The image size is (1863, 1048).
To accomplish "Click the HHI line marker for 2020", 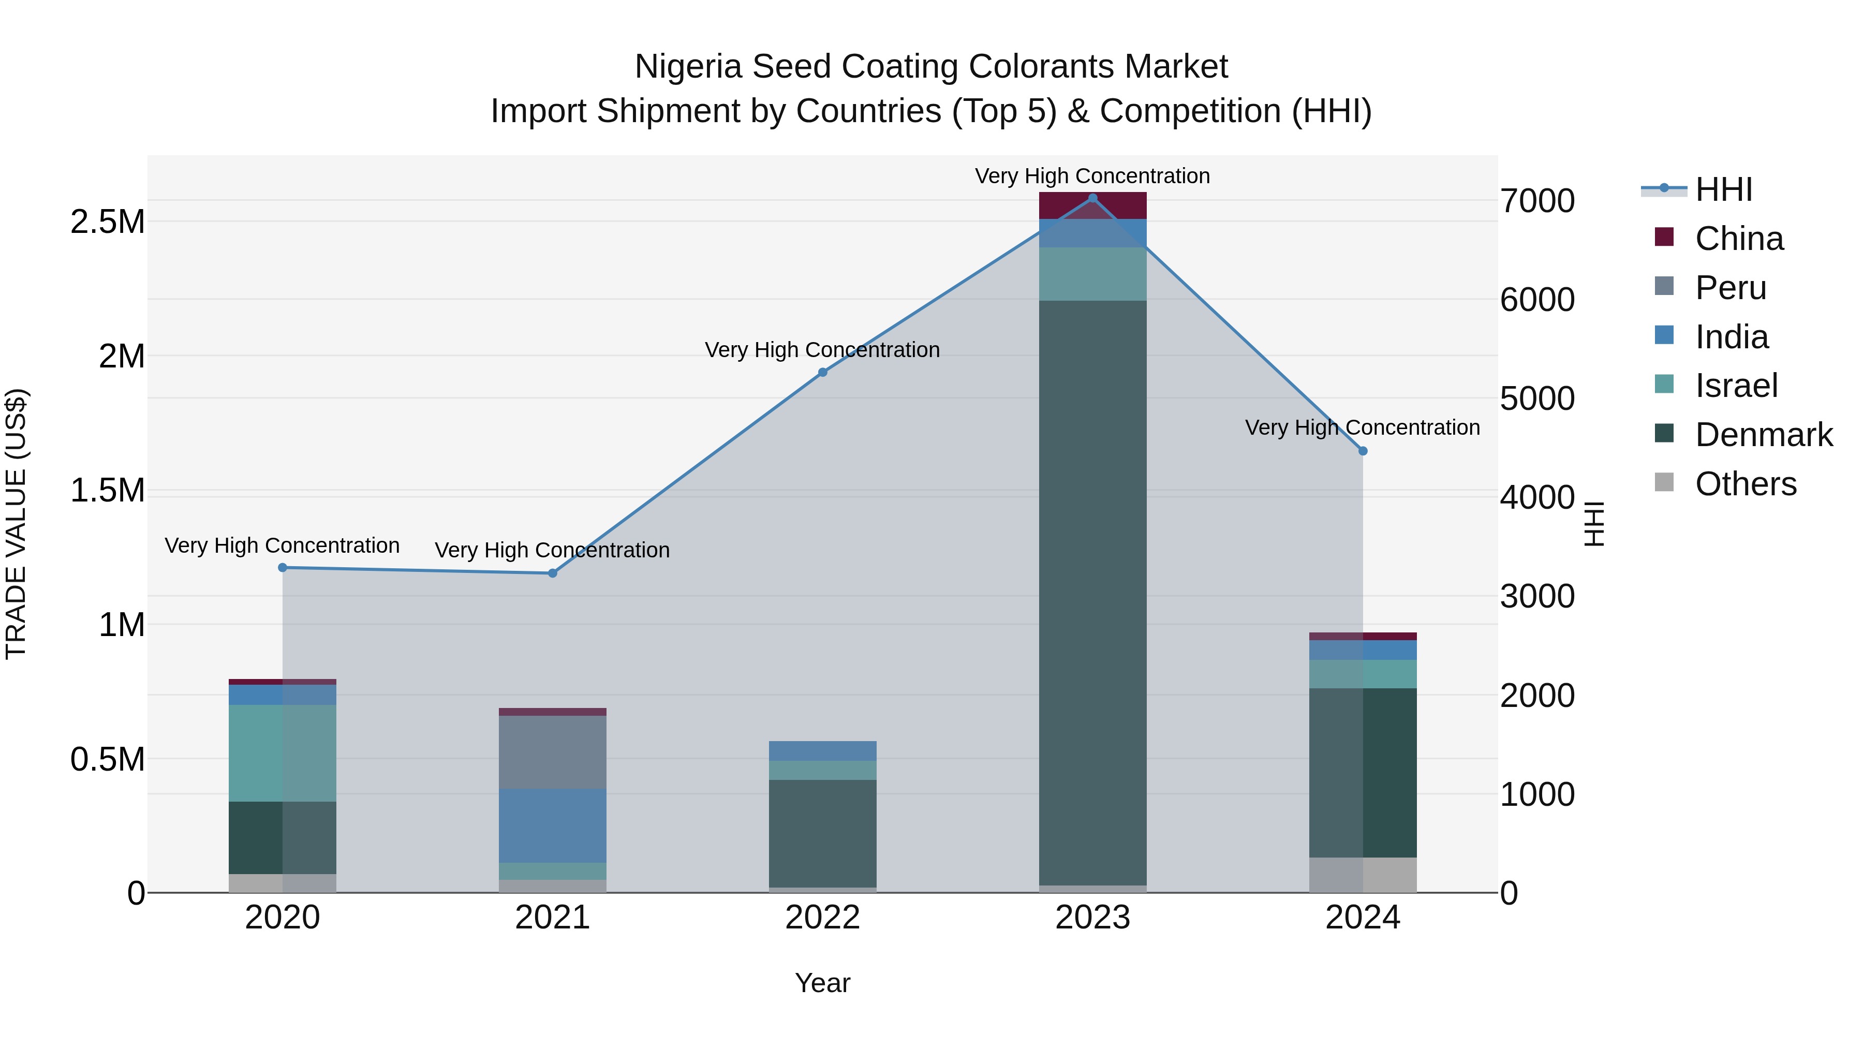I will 283,568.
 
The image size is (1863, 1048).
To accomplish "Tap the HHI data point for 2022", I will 822,373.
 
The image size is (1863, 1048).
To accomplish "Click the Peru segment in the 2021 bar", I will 553,752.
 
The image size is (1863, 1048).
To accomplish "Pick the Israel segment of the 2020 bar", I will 283,753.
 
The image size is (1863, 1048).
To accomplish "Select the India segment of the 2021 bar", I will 553,825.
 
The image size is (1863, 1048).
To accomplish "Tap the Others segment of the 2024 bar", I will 1363,875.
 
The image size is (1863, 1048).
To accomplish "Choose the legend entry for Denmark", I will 1763,435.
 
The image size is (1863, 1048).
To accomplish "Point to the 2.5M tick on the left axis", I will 107,222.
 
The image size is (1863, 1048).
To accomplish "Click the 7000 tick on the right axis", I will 1537,201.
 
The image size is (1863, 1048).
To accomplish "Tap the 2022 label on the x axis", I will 822,918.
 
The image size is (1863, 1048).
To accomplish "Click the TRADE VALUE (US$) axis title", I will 16,524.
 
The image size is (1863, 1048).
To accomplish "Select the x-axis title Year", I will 822,983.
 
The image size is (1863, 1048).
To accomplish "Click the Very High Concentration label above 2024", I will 1363,427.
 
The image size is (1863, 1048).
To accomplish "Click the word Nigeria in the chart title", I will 688,67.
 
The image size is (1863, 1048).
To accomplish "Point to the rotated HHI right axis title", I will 1593,524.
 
